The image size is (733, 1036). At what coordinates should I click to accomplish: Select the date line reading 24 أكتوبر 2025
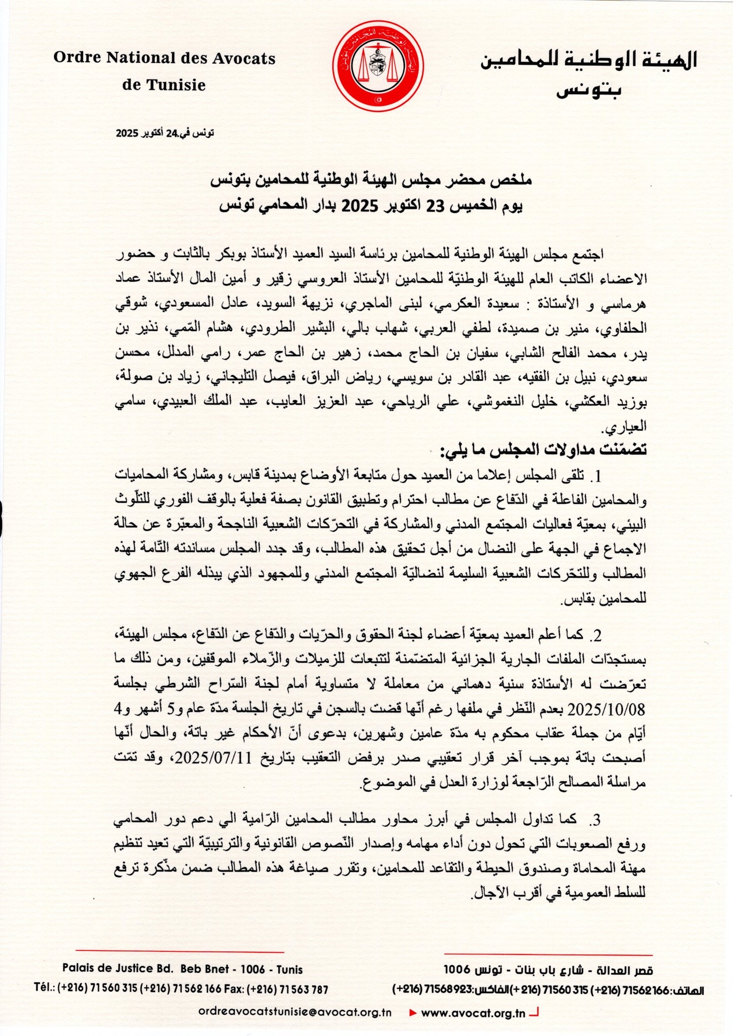click(x=165, y=133)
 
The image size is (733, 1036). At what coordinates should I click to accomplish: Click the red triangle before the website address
click(x=413, y=1013)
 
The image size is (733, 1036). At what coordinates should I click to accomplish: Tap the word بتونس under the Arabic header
click(x=589, y=91)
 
